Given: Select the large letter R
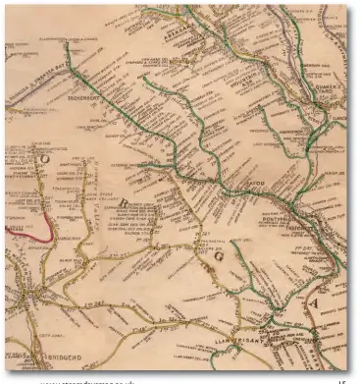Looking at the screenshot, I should [123, 202].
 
